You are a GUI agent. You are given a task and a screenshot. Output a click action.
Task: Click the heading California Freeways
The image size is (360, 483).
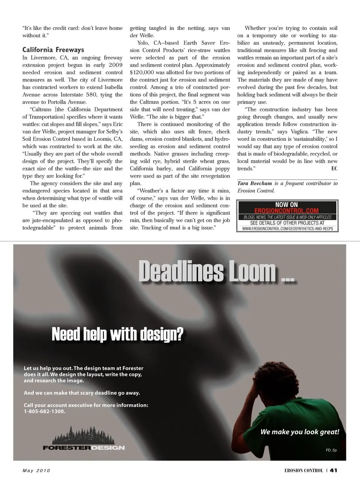pyautogui.click(x=53, y=50)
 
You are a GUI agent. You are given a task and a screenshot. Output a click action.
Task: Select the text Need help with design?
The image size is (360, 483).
pyautogui.click(x=117, y=334)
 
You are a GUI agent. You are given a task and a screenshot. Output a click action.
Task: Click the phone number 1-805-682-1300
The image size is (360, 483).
pyautogui.click(x=44, y=411)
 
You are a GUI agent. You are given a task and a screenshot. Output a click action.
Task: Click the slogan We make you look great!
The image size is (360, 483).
pyautogui.click(x=300, y=432)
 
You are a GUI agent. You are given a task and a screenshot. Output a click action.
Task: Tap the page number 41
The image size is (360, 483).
pyautogui.click(x=333, y=471)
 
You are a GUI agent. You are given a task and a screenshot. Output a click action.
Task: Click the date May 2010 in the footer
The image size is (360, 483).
pyautogui.click(x=36, y=471)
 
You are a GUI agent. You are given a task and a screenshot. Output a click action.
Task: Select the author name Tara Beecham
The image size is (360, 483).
pyautogui.click(x=254, y=183)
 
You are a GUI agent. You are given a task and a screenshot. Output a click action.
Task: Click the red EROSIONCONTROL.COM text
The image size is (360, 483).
pyautogui.click(x=286, y=211)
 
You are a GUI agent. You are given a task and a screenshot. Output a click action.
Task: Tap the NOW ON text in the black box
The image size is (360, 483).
pyautogui.click(x=286, y=205)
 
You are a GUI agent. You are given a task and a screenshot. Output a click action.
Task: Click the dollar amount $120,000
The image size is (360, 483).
pyautogui.click(x=142, y=72)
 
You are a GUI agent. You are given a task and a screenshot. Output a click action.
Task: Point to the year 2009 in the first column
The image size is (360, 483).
pyautogui.click(x=115, y=65)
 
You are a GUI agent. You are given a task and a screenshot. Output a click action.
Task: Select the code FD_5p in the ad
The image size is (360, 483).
pyautogui.click(x=331, y=450)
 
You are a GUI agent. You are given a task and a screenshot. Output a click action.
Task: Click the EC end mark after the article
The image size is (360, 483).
pyautogui.click(x=334, y=169)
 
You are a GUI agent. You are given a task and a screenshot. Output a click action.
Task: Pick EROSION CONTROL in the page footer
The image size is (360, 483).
pyautogui.click(x=303, y=471)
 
